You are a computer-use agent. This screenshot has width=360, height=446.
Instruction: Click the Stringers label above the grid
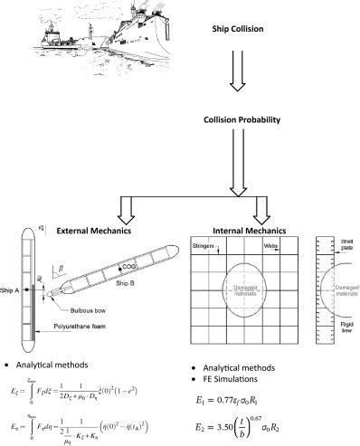pos(205,243)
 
